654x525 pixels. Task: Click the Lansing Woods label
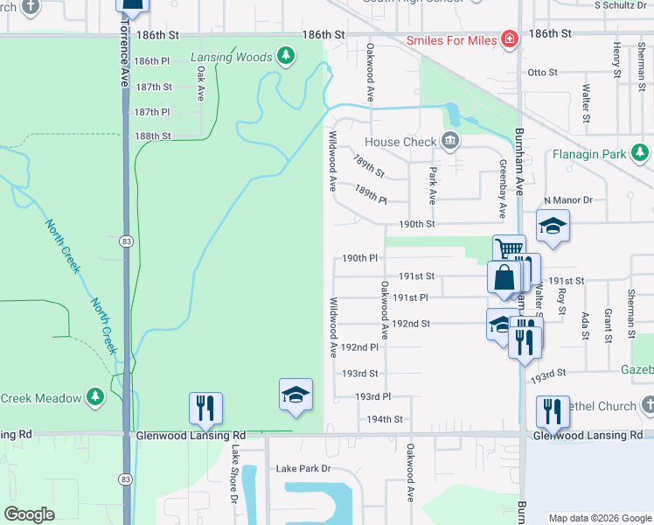click(232, 58)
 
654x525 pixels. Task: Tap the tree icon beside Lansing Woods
click(285, 57)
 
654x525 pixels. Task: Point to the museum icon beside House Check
click(450, 141)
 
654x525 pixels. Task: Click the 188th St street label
click(152, 136)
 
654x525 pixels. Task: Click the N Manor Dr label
click(568, 200)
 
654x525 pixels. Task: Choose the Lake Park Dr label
click(303, 469)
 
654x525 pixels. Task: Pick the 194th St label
click(384, 419)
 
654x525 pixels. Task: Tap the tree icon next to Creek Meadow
click(94, 397)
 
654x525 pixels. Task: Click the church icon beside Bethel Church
click(646, 406)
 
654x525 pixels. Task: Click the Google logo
click(30, 514)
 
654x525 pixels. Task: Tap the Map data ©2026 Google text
click(600, 517)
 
